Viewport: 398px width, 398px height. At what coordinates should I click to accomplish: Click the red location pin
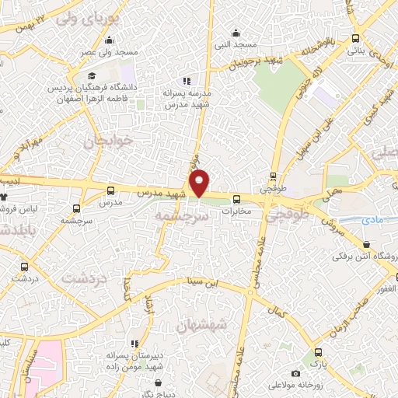click(x=200, y=183)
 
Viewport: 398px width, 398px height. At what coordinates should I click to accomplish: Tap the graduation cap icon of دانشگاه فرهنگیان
click(x=92, y=76)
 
